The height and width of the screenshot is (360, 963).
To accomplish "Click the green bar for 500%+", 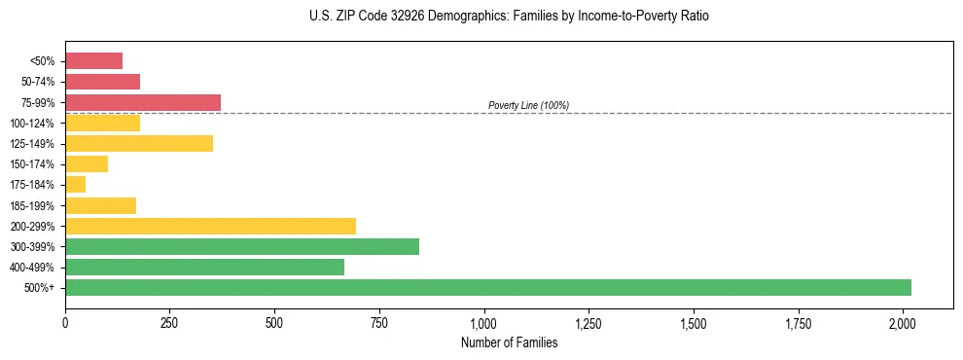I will [x=487, y=287].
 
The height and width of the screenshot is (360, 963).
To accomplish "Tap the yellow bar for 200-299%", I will [x=210, y=226].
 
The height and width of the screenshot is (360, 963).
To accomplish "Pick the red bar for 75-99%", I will [x=143, y=102].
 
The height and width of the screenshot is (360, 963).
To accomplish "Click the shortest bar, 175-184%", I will [x=75, y=185].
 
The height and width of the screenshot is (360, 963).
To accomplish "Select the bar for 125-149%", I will [x=139, y=143].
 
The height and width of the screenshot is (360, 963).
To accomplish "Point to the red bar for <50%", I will [x=93, y=60].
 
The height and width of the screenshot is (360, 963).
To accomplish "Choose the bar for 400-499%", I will [x=204, y=267].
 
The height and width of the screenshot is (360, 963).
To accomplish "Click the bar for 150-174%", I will [x=87, y=163].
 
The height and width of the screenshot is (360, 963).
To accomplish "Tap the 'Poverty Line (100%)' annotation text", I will [x=528, y=105].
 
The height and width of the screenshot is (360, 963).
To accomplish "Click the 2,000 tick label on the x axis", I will [x=903, y=322].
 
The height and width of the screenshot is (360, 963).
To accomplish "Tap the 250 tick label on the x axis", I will [x=170, y=322].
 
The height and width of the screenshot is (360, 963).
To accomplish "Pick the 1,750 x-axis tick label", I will [x=798, y=322].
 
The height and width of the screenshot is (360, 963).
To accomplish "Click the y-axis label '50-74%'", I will [x=38, y=82].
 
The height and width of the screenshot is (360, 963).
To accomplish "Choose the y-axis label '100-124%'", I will [x=35, y=123].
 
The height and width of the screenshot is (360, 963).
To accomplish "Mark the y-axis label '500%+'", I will [x=42, y=288].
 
